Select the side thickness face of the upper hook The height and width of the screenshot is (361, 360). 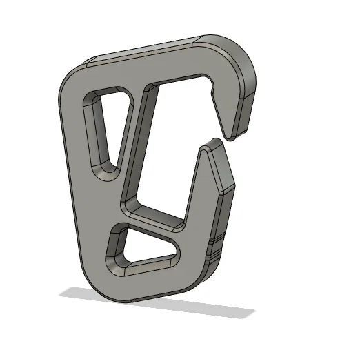(245, 103)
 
